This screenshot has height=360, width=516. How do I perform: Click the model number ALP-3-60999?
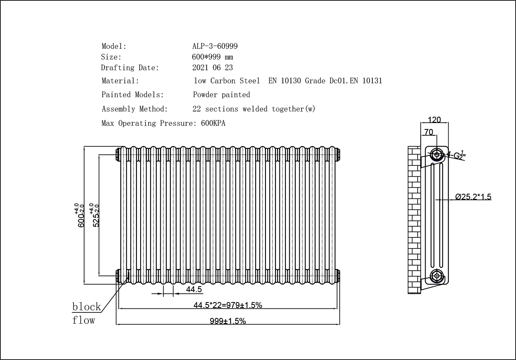point(215,46)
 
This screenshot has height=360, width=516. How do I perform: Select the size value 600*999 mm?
point(212,57)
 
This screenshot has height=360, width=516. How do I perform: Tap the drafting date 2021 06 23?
point(212,68)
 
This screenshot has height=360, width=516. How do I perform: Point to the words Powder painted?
point(221,95)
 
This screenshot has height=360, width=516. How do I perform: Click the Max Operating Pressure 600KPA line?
point(163,123)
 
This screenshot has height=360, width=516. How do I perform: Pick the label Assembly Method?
point(135,109)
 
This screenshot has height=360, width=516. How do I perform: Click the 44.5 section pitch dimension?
point(194,290)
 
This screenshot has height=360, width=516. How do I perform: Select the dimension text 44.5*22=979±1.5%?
point(228,305)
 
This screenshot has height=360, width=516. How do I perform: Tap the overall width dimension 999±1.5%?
point(228,321)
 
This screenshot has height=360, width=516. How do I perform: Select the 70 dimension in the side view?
point(429,132)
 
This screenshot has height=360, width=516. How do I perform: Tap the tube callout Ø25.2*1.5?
point(473,196)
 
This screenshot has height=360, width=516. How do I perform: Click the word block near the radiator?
point(87,307)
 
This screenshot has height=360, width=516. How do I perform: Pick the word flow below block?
point(84,320)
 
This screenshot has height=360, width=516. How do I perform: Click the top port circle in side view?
point(437,154)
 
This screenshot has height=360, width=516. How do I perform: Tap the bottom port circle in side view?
point(437,275)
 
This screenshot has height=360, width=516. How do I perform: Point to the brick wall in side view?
point(414,220)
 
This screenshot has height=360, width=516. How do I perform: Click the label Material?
point(120,81)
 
